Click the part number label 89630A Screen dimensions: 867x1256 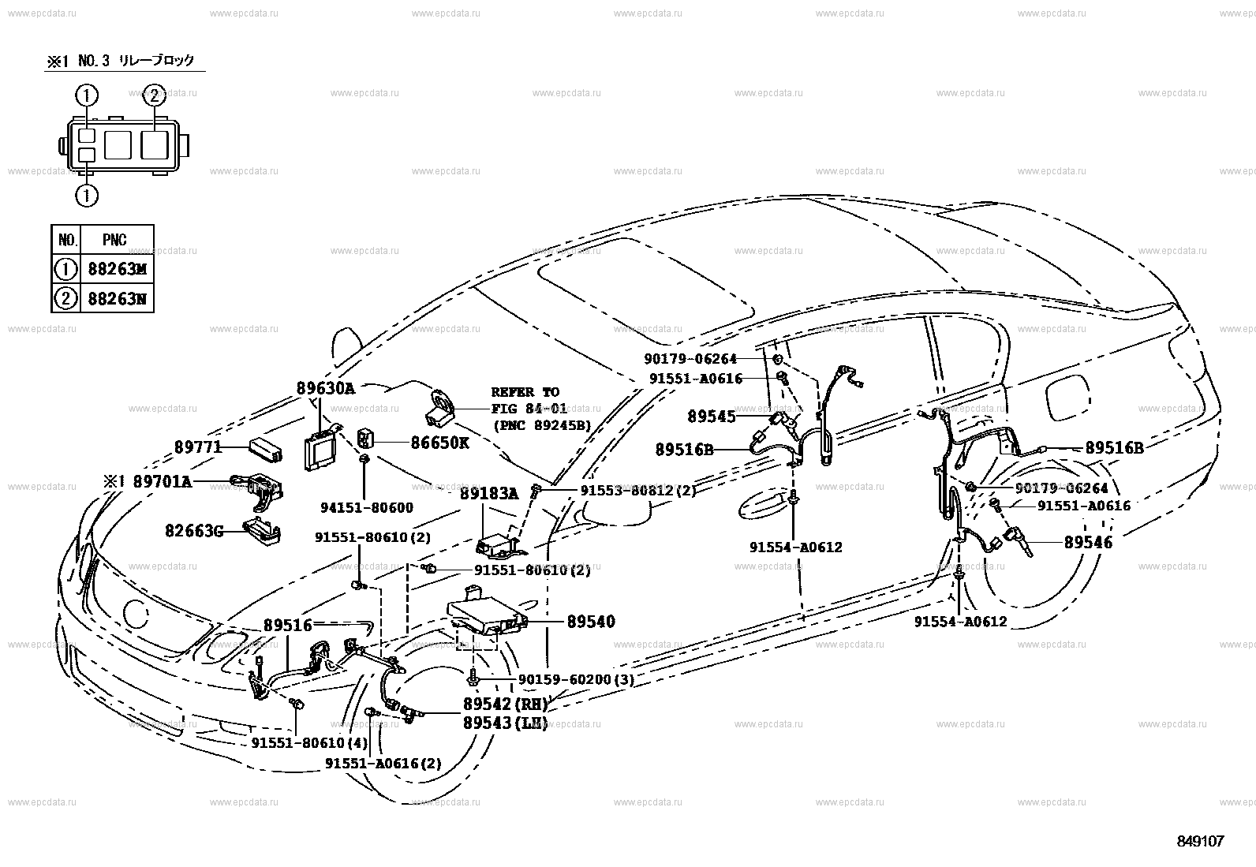(x=326, y=388)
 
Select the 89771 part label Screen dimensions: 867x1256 (x=196, y=447)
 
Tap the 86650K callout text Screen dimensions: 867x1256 (x=439, y=443)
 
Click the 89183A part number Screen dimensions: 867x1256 (x=489, y=494)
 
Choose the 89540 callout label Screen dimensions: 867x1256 (x=590, y=622)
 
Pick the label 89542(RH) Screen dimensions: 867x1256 (x=505, y=704)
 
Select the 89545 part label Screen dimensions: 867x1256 (x=711, y=416)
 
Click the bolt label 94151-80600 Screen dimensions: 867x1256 (x=367, y=508)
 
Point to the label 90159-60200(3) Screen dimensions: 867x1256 (x=576, y=679)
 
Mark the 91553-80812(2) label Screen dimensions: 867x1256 (x=638, y=490)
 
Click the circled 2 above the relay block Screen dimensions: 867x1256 (x=154, y=96)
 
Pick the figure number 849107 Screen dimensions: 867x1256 (x=1199, y=841)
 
